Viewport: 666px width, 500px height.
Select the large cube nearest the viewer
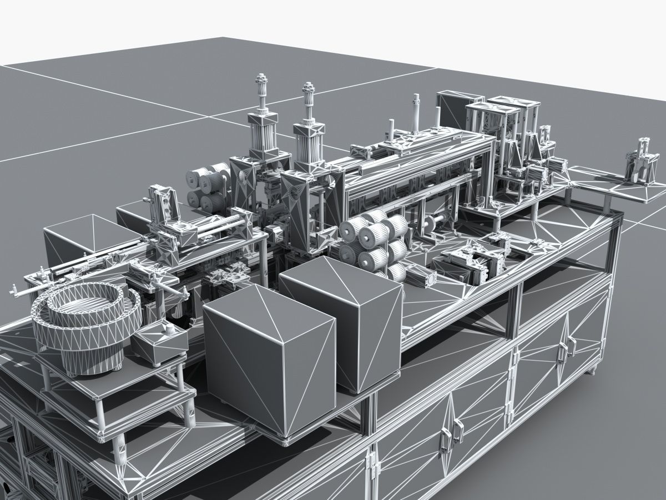270,364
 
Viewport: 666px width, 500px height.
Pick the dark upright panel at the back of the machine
452,108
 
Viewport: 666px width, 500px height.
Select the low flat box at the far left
78,239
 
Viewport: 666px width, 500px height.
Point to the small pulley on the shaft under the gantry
430,224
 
